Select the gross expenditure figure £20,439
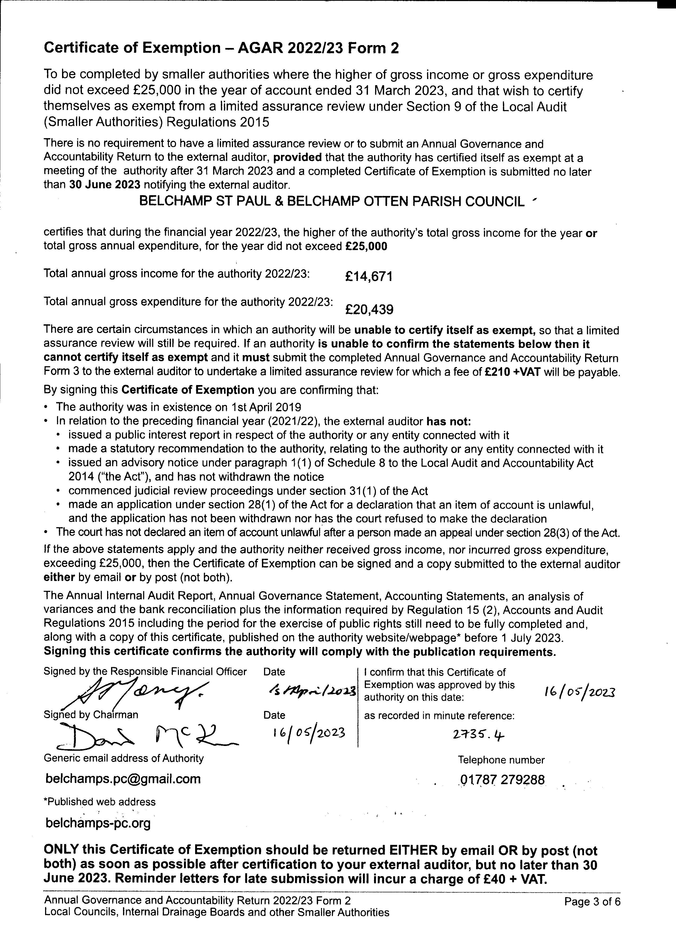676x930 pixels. click(x=369, y=309)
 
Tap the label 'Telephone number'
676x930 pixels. click(x=501, y=760)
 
